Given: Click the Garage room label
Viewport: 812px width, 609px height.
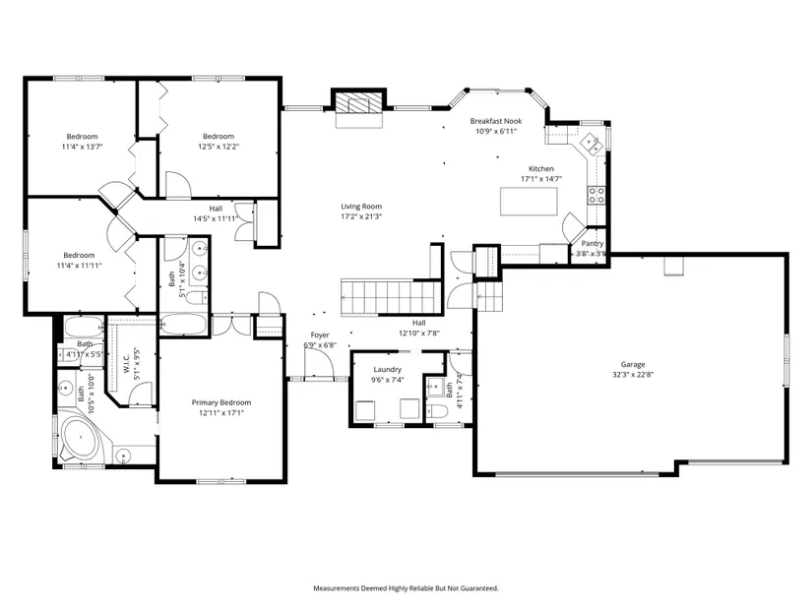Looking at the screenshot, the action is [x=633, y=365].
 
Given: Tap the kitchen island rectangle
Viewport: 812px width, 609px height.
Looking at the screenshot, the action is [x=529, y=202].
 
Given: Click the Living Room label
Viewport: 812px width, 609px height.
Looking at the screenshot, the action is [x=361, y=206].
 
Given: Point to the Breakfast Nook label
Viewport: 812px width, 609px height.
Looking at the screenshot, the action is [x=496, y=121].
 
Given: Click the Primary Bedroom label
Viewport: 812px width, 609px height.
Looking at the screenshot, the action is [x=221, y=402].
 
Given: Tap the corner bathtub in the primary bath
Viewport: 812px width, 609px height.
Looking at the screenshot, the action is [x=81, y=439].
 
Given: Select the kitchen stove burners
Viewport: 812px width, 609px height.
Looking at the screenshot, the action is [x=596, y=195].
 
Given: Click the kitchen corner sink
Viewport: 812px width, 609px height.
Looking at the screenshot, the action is [x=591, y=143].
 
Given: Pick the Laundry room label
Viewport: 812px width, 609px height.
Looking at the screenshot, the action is [x=388, y=370].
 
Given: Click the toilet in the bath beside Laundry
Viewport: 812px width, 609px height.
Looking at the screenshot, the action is [x=437, y=411].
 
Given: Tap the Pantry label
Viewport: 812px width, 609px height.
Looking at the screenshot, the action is [x=593, y=243].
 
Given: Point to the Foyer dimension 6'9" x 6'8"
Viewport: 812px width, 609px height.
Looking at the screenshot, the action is [x=320, y=345].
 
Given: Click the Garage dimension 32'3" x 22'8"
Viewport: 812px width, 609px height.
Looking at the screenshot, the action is [x=633, y=375].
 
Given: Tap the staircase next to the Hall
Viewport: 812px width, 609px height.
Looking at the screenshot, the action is [x=392, y=297].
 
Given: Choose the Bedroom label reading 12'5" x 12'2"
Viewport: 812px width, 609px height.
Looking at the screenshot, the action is [x=219, y=147].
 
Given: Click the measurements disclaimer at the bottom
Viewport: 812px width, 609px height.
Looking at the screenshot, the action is [x=406, y=588].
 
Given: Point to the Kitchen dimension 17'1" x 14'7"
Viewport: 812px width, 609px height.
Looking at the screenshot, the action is [x=541, y=179].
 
